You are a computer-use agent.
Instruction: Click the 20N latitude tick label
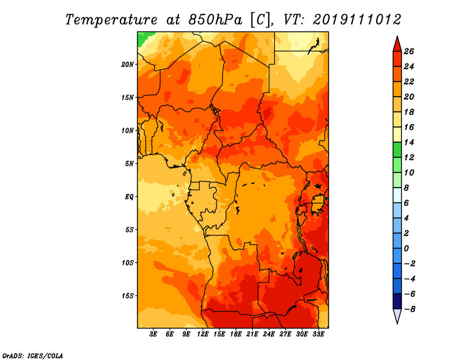point(128,65)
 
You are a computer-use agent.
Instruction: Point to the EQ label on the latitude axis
point(129,197)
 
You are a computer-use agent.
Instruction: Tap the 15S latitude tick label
point(128,296)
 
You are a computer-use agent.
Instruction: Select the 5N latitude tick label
point(129,164)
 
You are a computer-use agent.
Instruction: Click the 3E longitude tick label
point(153,334)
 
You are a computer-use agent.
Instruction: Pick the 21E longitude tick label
point(252,334)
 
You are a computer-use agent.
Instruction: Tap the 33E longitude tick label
point(318,334)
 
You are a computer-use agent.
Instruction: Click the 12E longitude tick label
point(203,334)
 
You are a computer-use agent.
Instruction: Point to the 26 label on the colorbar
point(409,51)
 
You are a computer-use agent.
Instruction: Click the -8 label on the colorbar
point(409,309)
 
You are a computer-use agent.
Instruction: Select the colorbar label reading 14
point(409,142)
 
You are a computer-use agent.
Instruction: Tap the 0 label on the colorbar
point(406,249)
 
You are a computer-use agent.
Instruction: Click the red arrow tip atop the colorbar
point(397,37)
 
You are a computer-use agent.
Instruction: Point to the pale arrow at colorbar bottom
point(397,316)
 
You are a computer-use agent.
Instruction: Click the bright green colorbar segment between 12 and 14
point(397,150)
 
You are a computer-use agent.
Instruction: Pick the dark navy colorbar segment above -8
point(397,301)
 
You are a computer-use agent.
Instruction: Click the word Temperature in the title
point(111,20)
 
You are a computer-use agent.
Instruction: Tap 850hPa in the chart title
point(216,20)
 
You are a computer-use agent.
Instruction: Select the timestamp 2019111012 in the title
point(357,20)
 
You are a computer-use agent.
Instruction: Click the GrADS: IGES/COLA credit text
point(33,355)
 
